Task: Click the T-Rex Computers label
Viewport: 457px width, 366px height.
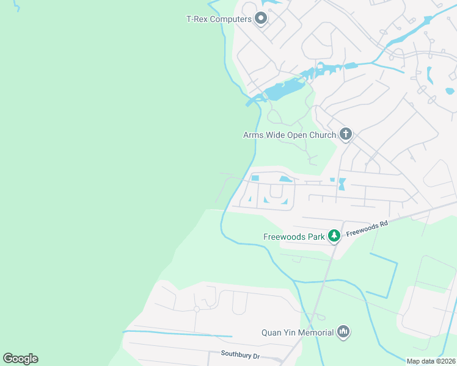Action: [219, 19]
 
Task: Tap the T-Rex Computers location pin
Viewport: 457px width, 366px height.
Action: [261, 19]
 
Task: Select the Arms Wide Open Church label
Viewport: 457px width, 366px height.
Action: [290, 135]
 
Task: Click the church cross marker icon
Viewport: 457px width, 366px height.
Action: [346, 134]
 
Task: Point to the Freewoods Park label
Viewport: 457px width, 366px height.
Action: [294, 236]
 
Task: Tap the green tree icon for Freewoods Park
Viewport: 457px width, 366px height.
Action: [334, 235]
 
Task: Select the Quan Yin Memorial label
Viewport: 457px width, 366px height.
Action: [298, 332]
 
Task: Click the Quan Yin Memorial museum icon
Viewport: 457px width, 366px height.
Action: [343, 332]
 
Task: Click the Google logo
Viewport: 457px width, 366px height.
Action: [20, 359]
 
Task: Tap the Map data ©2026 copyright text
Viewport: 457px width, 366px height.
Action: [430, 361]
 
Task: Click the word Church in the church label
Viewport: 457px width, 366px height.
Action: [322, 135]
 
